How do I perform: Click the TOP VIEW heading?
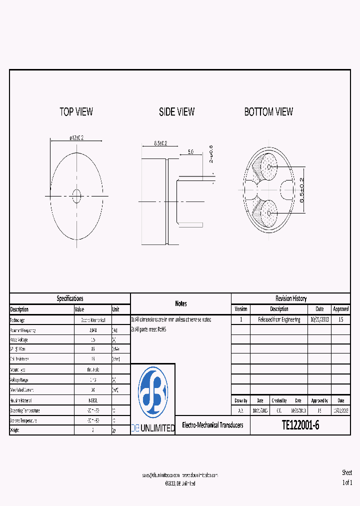tap(76, 112)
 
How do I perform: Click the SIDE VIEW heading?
tap(176, 112)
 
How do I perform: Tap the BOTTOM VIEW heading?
tap(268, 112)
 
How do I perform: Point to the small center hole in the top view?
tap(76, 196)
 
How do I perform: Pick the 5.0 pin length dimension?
tap(190, 151)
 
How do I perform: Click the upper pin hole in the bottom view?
tap(269, 167)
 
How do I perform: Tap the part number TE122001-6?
tap(300, 425)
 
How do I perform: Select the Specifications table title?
tap(70, 298)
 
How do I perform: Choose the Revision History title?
tap(291, 298)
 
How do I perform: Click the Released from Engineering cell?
tap(279, 319)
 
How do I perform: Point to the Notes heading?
tap(180, 303)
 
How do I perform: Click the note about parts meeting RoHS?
tap(148, 329)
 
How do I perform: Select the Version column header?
tap(240, 309)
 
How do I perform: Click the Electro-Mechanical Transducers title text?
tap(212, 425)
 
